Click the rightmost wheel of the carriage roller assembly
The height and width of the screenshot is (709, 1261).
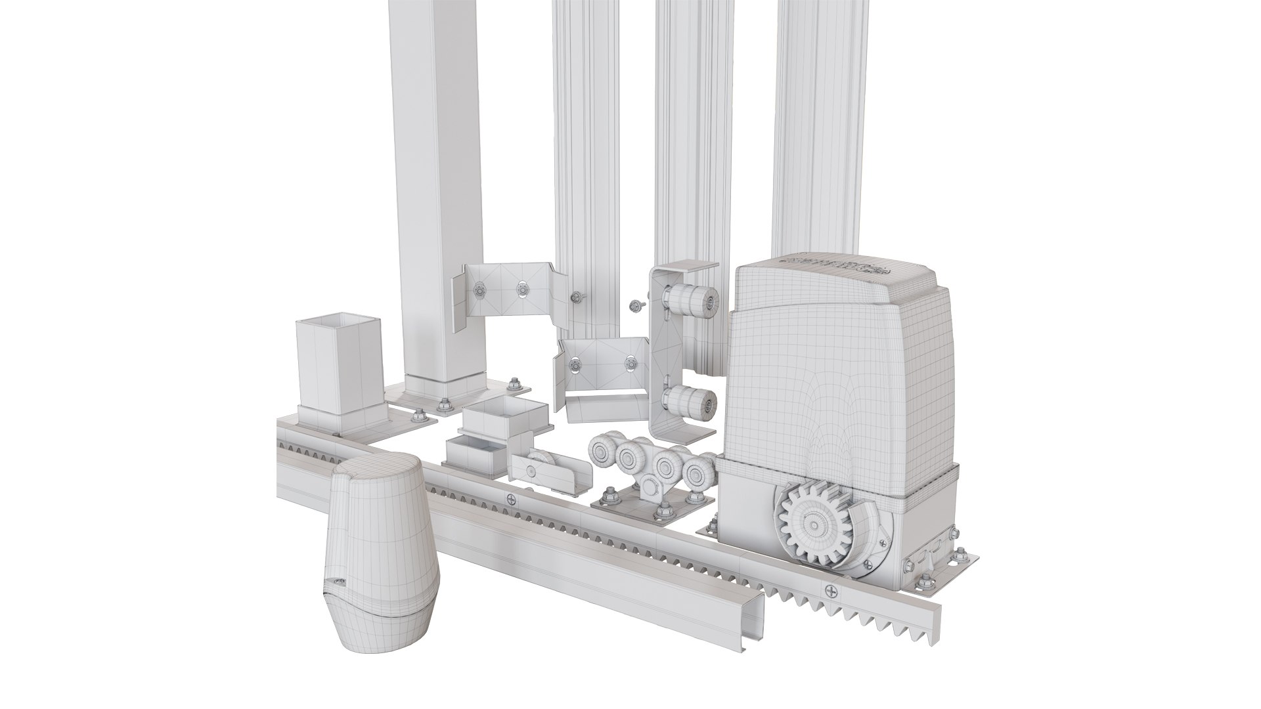coord(697,471)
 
